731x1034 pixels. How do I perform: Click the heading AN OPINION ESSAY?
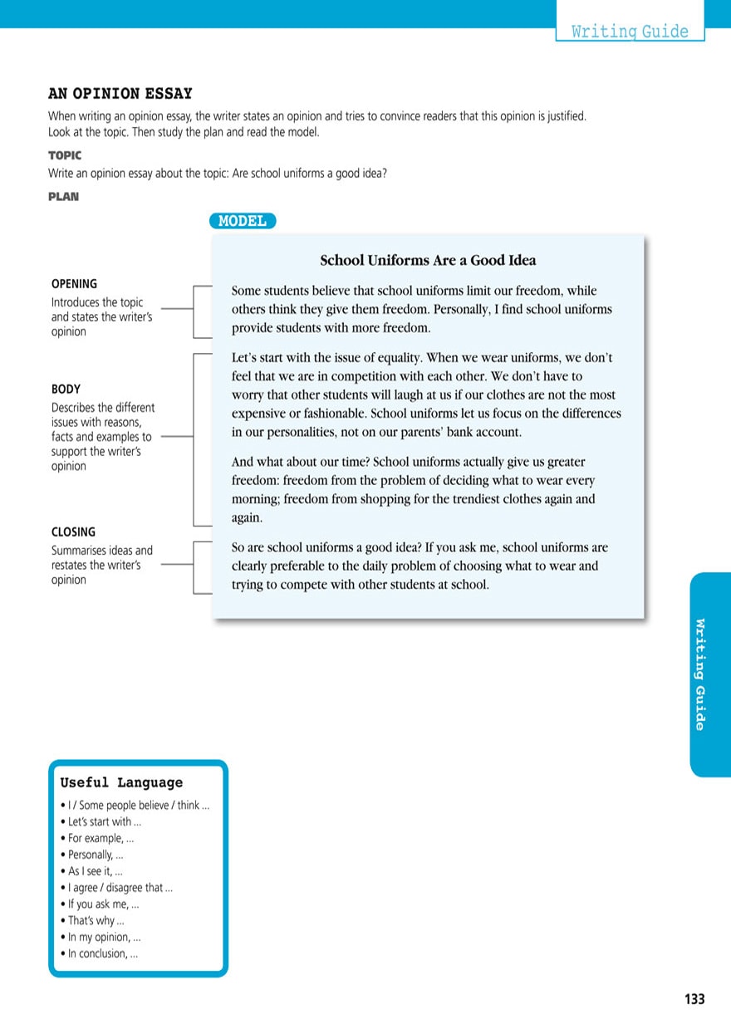[120, 94]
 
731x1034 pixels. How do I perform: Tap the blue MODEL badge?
[242, 221]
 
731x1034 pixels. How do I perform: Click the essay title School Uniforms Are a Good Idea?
[428, 261]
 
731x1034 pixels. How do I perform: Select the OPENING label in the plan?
[74, 284]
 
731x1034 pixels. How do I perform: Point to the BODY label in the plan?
[66, 389]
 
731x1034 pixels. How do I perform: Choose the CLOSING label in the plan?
[73, 532]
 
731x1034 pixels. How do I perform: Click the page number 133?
[694, 999]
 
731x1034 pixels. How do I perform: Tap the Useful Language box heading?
[121, 782]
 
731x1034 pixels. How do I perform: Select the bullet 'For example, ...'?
[101, 838]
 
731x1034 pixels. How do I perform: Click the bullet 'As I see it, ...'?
[95, 871]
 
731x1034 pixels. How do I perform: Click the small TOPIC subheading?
[65, 155]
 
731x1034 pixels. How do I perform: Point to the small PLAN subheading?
[63, 197]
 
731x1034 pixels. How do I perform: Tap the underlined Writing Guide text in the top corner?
[630, 32]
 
